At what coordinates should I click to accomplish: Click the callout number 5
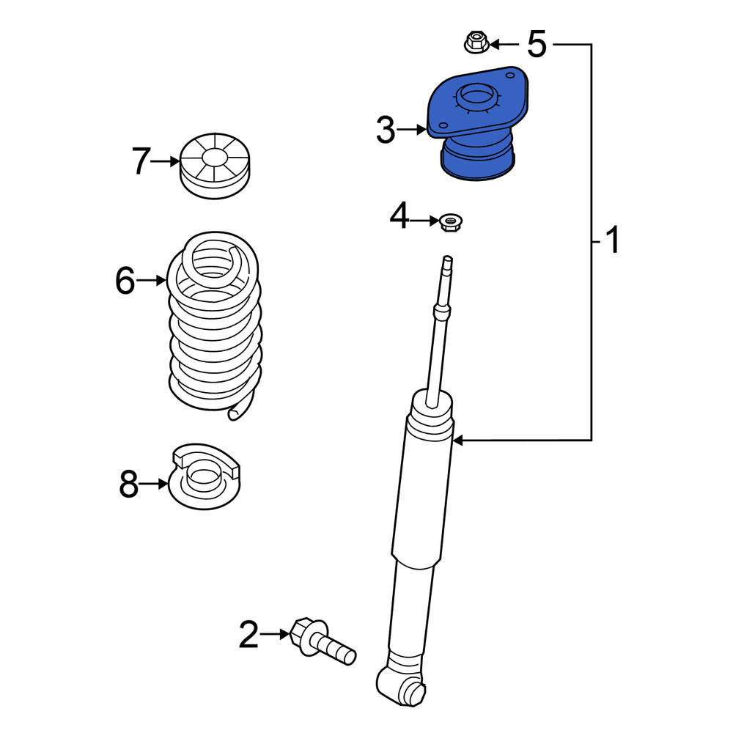(x=537, y=44)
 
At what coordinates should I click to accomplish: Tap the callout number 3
(x=386, y=130)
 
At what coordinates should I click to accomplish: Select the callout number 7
(x=141, y=161)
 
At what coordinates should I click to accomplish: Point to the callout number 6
(x=125, y=281)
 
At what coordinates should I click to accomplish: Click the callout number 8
(x=128, y=484)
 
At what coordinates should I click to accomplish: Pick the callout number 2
(x=248, y=634)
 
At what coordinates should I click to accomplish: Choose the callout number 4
(x=399, y=216)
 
